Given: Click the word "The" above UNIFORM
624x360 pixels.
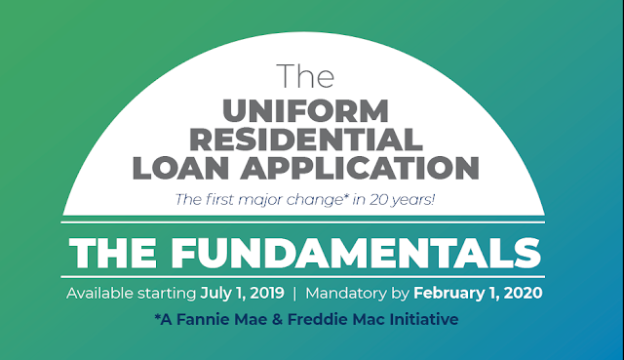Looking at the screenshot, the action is click(305, 76).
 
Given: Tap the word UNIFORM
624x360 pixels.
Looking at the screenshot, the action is click(305, 111).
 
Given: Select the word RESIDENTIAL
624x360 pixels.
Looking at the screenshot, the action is click(305, 140).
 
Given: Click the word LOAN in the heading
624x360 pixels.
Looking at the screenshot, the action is click(181, 168).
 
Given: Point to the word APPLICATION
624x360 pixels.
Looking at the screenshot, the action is click(360, 168).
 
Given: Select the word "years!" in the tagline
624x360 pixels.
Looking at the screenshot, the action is click(413, 200).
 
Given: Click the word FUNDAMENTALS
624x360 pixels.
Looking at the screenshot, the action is click(356, 254).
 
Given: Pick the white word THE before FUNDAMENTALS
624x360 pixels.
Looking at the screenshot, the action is click(113, 254).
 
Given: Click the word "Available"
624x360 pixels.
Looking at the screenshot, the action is click(99, 293).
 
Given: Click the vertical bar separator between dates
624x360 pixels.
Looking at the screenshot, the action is click(294, 294).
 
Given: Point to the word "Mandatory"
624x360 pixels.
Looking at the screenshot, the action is click(346, 294).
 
